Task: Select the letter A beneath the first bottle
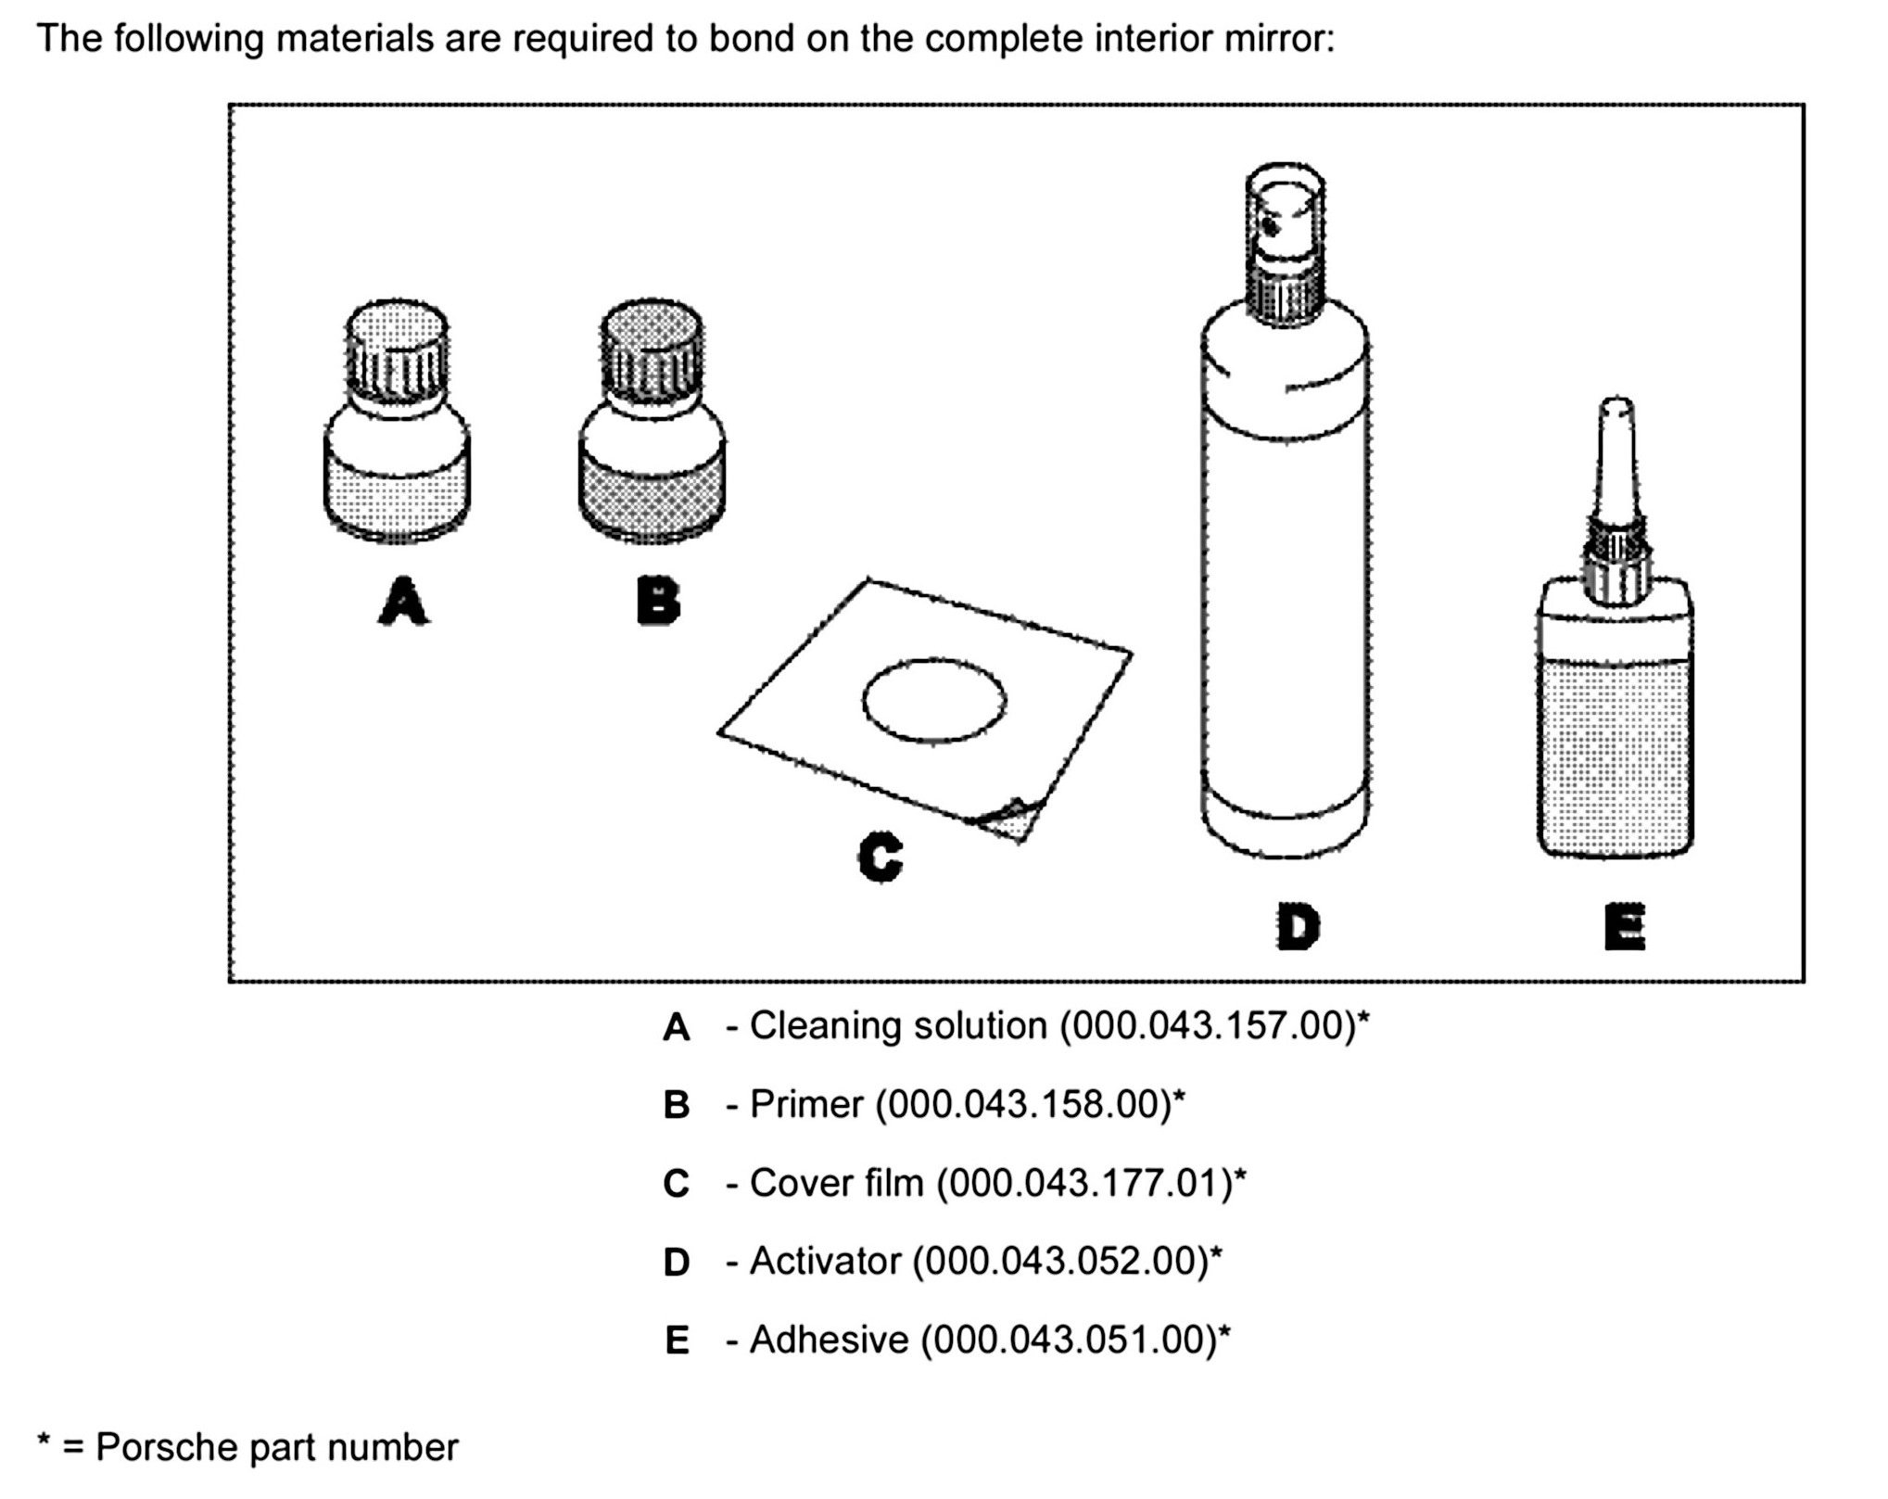pyautogui.click(x=403, y=601)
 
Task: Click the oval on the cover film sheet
pyautogui.click(x=934, y=701)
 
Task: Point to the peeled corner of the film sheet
pyautogui.click(x=1013, y=818)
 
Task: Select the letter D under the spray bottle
pyautogui.click(x=1297, y=927)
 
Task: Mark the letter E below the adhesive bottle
pyautogui.click(x=1624, y=927)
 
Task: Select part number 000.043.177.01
pyautogui.click(x=1084, y=1183)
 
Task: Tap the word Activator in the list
pyautogui.click(x=825, y=1262)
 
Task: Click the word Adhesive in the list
pyautogui.click(x=829, y=1340)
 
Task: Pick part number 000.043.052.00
pyautogui.click(x=1060, y=1262)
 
